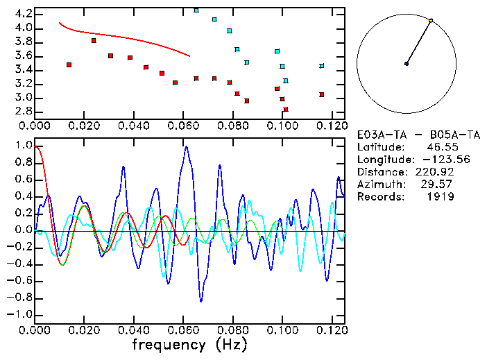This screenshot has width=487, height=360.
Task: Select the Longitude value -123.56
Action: (434, 160)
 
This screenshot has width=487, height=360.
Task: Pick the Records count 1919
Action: (441, 197)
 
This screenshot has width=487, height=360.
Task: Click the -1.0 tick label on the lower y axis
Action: (19, 314)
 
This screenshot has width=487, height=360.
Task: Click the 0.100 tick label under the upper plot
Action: (282, 126)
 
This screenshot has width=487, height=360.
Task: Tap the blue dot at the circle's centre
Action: (407, 64)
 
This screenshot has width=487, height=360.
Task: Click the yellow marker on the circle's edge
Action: (431, 21)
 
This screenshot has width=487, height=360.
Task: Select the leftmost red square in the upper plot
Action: (69, 65)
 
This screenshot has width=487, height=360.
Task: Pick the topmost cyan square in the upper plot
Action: (196, 10)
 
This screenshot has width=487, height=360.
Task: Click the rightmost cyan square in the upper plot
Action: (322, 66)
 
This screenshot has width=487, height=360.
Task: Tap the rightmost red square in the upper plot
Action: (322, 94)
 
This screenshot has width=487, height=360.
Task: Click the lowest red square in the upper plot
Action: (286, 110)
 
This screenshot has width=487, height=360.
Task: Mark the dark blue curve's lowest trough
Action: (201, 301)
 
